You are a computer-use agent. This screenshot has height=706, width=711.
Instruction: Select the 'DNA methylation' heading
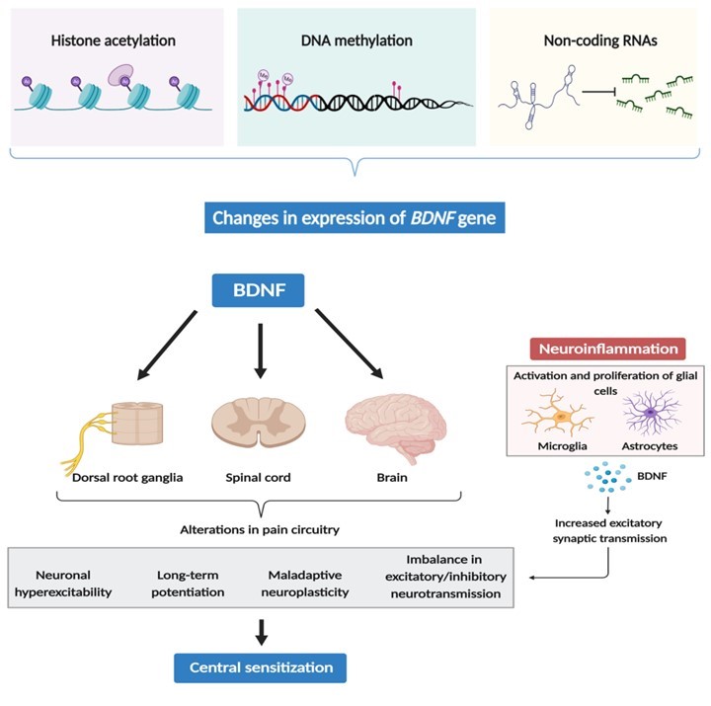click(x=356, y=40)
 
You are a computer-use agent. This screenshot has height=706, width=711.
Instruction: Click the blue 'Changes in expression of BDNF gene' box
click(x=356, y=218)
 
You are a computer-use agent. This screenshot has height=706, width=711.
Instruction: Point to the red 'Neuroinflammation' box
click(x=607, y=349)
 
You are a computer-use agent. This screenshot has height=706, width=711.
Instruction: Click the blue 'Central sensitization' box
click(x=262, y=667)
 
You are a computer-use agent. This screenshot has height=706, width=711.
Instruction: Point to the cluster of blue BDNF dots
click(x=607, y=477)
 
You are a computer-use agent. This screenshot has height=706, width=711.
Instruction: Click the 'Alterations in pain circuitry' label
click(x=260, y=530)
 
